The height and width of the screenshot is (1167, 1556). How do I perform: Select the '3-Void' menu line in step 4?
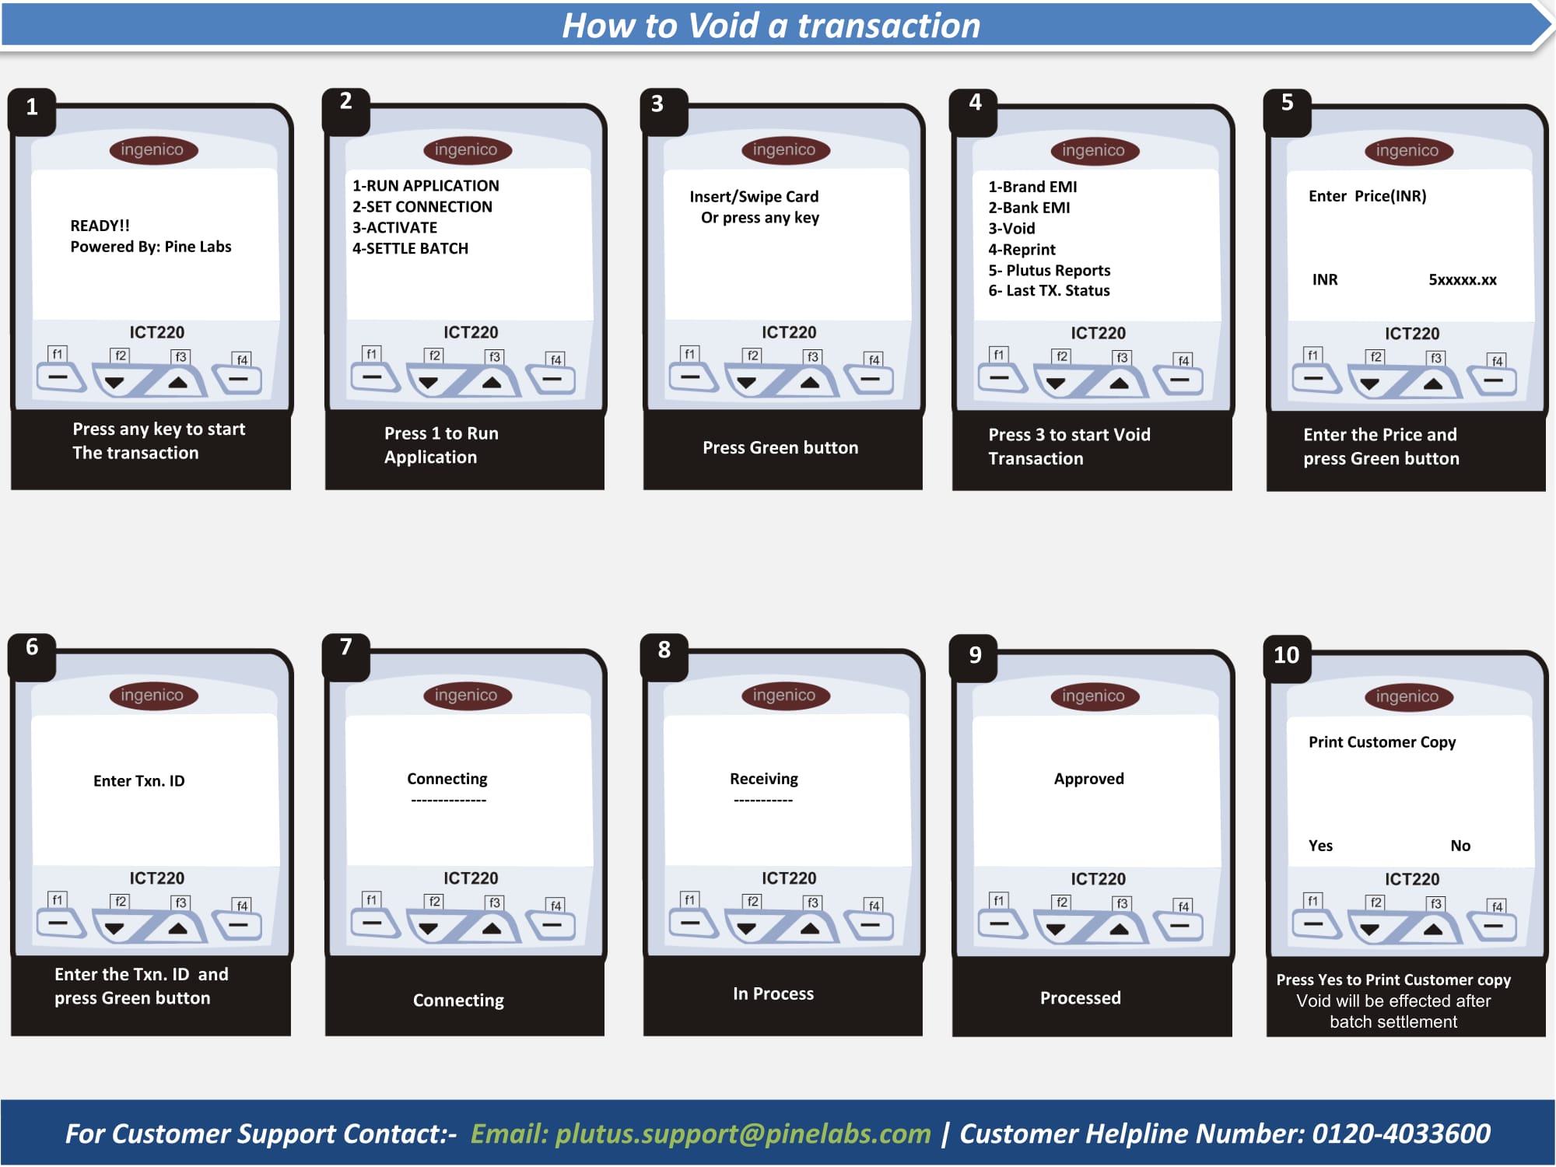pos(1011,229)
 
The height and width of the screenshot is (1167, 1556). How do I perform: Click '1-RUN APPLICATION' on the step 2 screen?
pos(426,186)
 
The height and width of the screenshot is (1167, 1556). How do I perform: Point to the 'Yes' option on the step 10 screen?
pos(1320,846)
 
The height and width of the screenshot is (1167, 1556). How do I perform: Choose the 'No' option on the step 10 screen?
pos(1460,846)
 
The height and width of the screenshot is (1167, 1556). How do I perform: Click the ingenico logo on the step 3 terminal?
pos(784,149)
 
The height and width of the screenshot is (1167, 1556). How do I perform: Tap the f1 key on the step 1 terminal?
pos(61,377)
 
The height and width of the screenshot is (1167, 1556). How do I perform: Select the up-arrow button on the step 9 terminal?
pos(1119,928)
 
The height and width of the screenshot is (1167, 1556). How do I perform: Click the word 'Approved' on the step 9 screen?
pos(1089,779)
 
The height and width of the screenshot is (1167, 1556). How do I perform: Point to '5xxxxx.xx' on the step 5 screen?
pos(1463,280)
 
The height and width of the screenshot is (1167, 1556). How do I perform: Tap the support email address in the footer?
pos(743,1134)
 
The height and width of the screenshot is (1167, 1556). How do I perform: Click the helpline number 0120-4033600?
pos(1401,1134)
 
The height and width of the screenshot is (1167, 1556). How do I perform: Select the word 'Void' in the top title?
pos(724,26)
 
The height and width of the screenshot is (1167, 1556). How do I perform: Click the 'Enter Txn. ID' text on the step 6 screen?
pos(139,781)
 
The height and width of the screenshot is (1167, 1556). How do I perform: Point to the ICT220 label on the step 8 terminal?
pos(789,878)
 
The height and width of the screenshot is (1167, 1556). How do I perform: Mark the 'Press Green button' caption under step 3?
pos(780,447)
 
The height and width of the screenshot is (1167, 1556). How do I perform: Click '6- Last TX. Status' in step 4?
pos(1049,291)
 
